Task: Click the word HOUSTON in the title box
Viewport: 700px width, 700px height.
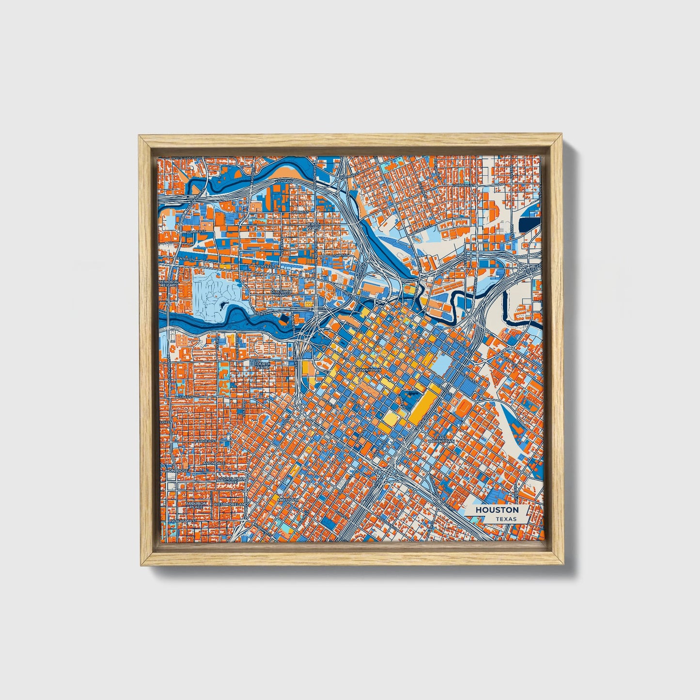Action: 497,510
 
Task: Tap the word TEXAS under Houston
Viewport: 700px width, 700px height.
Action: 506,519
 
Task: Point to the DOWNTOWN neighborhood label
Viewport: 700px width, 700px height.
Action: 369,370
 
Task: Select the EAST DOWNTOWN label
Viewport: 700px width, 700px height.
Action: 443,439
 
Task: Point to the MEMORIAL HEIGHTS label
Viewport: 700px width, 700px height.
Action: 169,283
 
